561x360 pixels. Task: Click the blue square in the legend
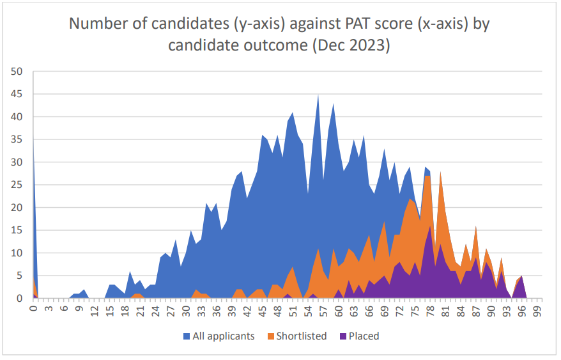pyautogui.click(x=187, y=336)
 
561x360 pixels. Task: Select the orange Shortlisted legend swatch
pyautogui.click(x=271, y=336)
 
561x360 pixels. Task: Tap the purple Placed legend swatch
pyautogui.click(x=342, y=336)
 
